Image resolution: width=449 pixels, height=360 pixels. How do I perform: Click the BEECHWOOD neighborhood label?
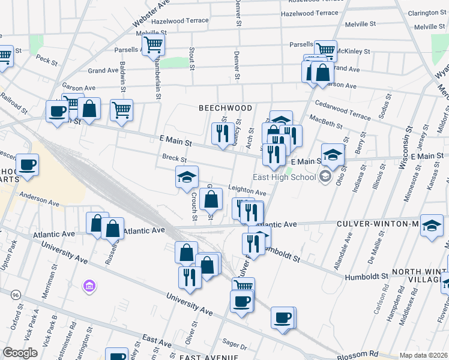pos(226,108)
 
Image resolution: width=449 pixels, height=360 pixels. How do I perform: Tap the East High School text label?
pos(285,177)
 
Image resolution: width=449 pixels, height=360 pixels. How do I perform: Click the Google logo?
pos(20,353)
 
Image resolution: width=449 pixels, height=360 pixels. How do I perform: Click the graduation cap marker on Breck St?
pos(187,177)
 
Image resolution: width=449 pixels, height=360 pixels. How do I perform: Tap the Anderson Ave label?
pos(40,199)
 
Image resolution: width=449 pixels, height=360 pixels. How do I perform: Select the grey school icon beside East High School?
pos(325,177)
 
